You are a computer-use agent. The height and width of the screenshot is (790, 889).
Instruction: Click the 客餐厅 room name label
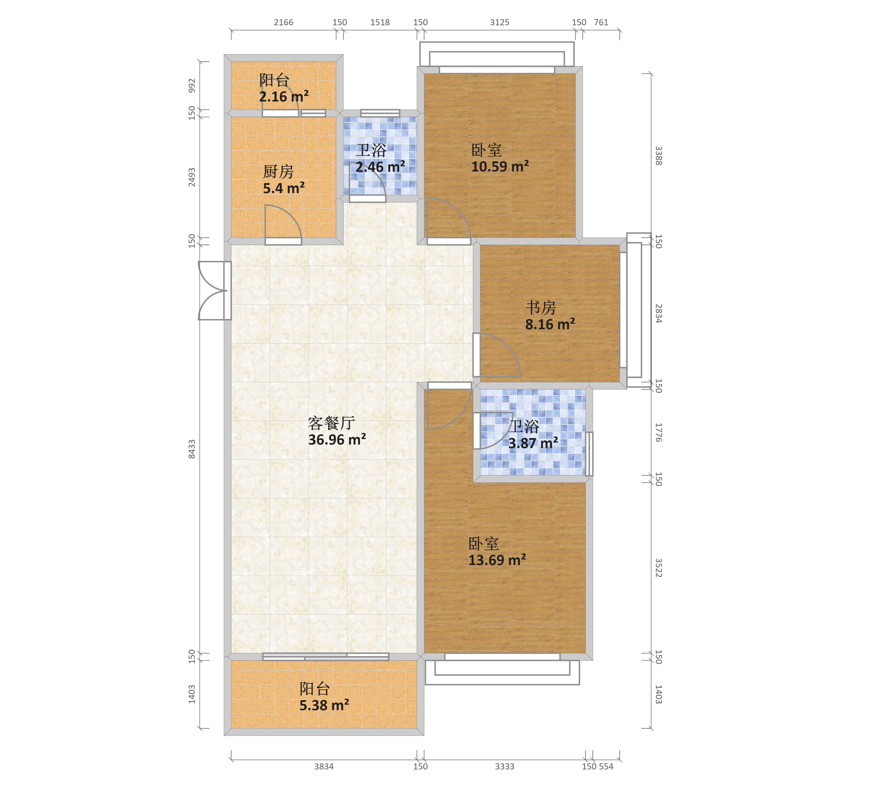click(331, 423)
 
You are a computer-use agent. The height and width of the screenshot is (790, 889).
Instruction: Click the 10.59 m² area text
click(500, 166)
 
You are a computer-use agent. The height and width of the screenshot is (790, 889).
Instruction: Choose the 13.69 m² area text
click(497, 560)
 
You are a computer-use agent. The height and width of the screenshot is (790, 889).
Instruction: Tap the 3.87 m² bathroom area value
click(533, 443)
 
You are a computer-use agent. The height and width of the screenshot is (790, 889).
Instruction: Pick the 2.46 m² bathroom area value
click(380, 167)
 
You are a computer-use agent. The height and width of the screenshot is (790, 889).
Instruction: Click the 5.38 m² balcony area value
click(324, 705)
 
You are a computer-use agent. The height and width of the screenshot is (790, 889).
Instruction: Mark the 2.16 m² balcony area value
click(284, 97)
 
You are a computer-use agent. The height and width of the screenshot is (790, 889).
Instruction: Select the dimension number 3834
click(324, 766)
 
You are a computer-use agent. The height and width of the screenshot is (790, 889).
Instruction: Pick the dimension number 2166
click(283, 22)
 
